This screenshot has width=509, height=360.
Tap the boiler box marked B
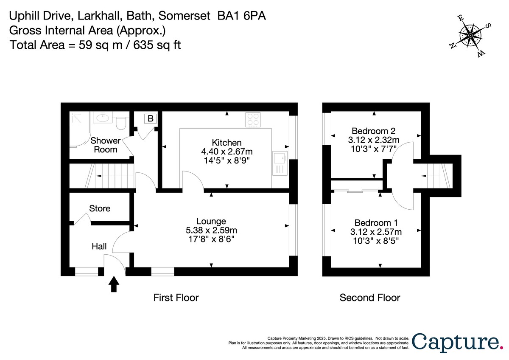tap(151, 118)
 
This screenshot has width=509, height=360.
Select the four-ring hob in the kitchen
tap(253, 119)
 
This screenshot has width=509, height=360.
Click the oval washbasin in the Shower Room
tap(102, 118)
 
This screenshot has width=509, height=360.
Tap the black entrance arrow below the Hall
tap(114, 284)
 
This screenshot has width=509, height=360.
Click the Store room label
tap(100, 208)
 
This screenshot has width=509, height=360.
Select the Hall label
tap(99, 246)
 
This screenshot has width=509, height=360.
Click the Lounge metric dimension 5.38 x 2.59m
tap(211, 230)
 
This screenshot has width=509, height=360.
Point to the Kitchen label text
tap(227, 143)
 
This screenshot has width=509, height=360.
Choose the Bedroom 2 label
tap(374, 131)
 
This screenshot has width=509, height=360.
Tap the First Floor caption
tap(176, 298)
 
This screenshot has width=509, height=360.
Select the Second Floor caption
tap(369, 298)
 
